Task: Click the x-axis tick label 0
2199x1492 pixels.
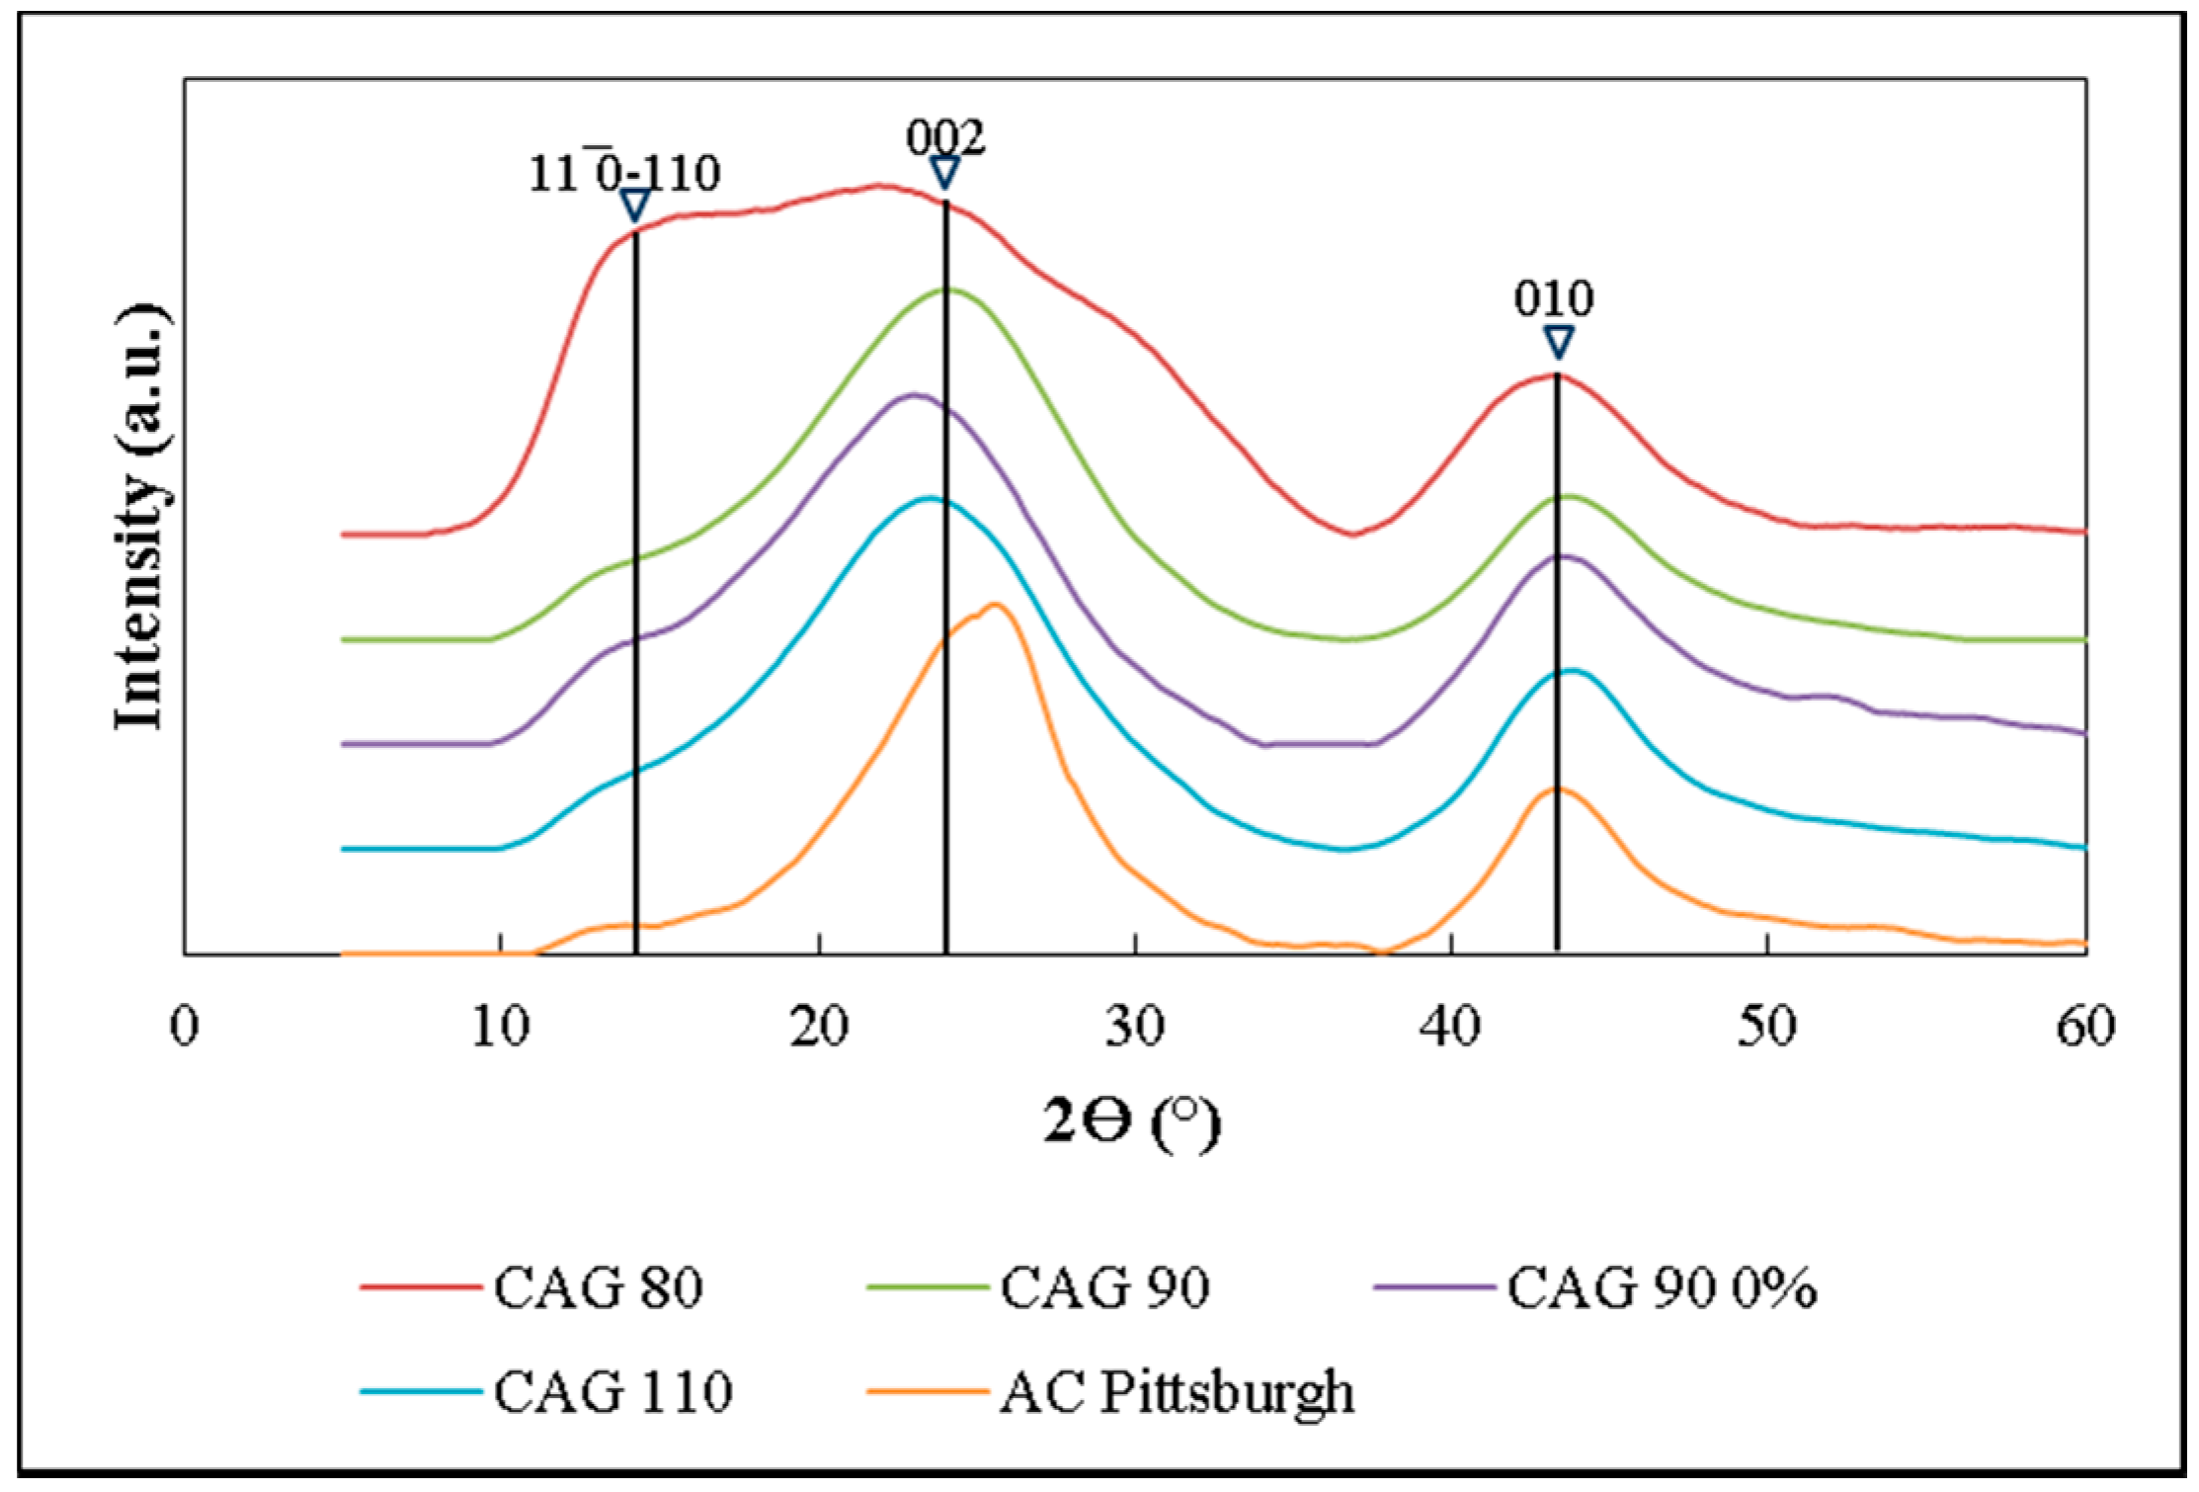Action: coord(185,1027)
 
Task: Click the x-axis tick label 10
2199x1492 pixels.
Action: coord(500,1027)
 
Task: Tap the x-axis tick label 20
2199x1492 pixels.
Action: coord(819,1027)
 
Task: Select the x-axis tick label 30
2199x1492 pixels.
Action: coord(1135,1027)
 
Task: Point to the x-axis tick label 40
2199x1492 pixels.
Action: coord(1450,1027)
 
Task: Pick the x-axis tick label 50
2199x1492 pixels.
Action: coord(1766,1027)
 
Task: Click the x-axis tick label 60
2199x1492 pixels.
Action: coord(2084,1027)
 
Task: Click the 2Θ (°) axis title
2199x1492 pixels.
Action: coord(1132,1123)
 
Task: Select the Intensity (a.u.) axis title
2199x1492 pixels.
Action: coord(141,516)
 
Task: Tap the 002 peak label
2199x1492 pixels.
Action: coord(945,137)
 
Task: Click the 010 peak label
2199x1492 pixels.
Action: coord(1554,297)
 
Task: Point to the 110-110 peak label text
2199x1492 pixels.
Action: coord(624,174)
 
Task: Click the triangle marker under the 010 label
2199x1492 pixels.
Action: coord(1558,342)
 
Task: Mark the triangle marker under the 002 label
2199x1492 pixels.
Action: coord(945,172)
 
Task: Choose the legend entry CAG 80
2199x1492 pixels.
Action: coord(598,1287)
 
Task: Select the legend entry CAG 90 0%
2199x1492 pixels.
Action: coord(1661,1287)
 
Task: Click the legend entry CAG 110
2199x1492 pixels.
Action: coord(612,1391)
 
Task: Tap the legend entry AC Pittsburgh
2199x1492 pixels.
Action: coord(1176,1391)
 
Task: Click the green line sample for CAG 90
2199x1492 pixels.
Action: coord(928,1287)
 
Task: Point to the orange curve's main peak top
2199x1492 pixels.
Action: coord(994,605)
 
